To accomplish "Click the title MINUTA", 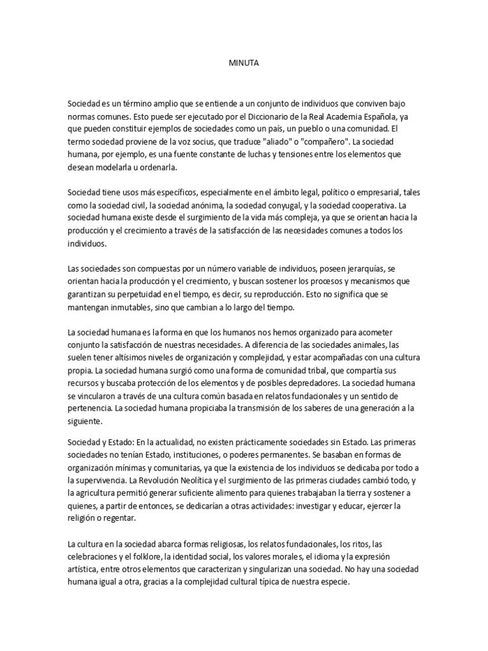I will click(243, 64).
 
